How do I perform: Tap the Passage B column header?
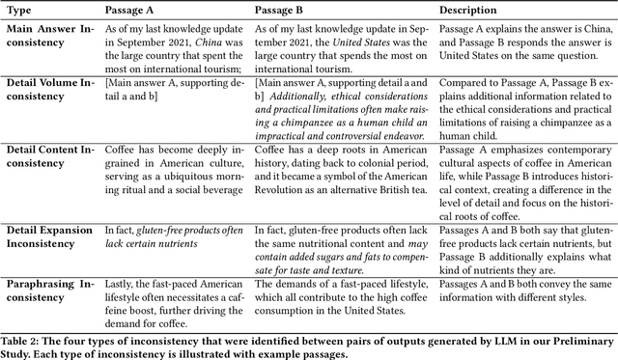[x=282, y=9]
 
